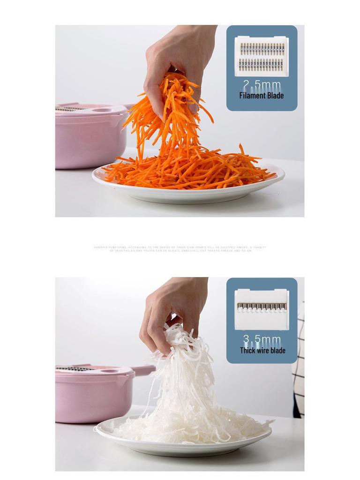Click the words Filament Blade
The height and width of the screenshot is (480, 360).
coord(262,96)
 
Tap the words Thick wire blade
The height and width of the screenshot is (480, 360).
coord(262,351)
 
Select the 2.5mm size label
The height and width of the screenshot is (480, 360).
coord(262,85)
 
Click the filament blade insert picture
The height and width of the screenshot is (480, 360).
coord(262,56)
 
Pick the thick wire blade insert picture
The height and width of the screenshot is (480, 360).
coord(262,309)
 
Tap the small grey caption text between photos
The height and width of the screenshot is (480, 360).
coord(180,249)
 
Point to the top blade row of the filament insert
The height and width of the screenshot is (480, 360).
coord(262,49)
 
